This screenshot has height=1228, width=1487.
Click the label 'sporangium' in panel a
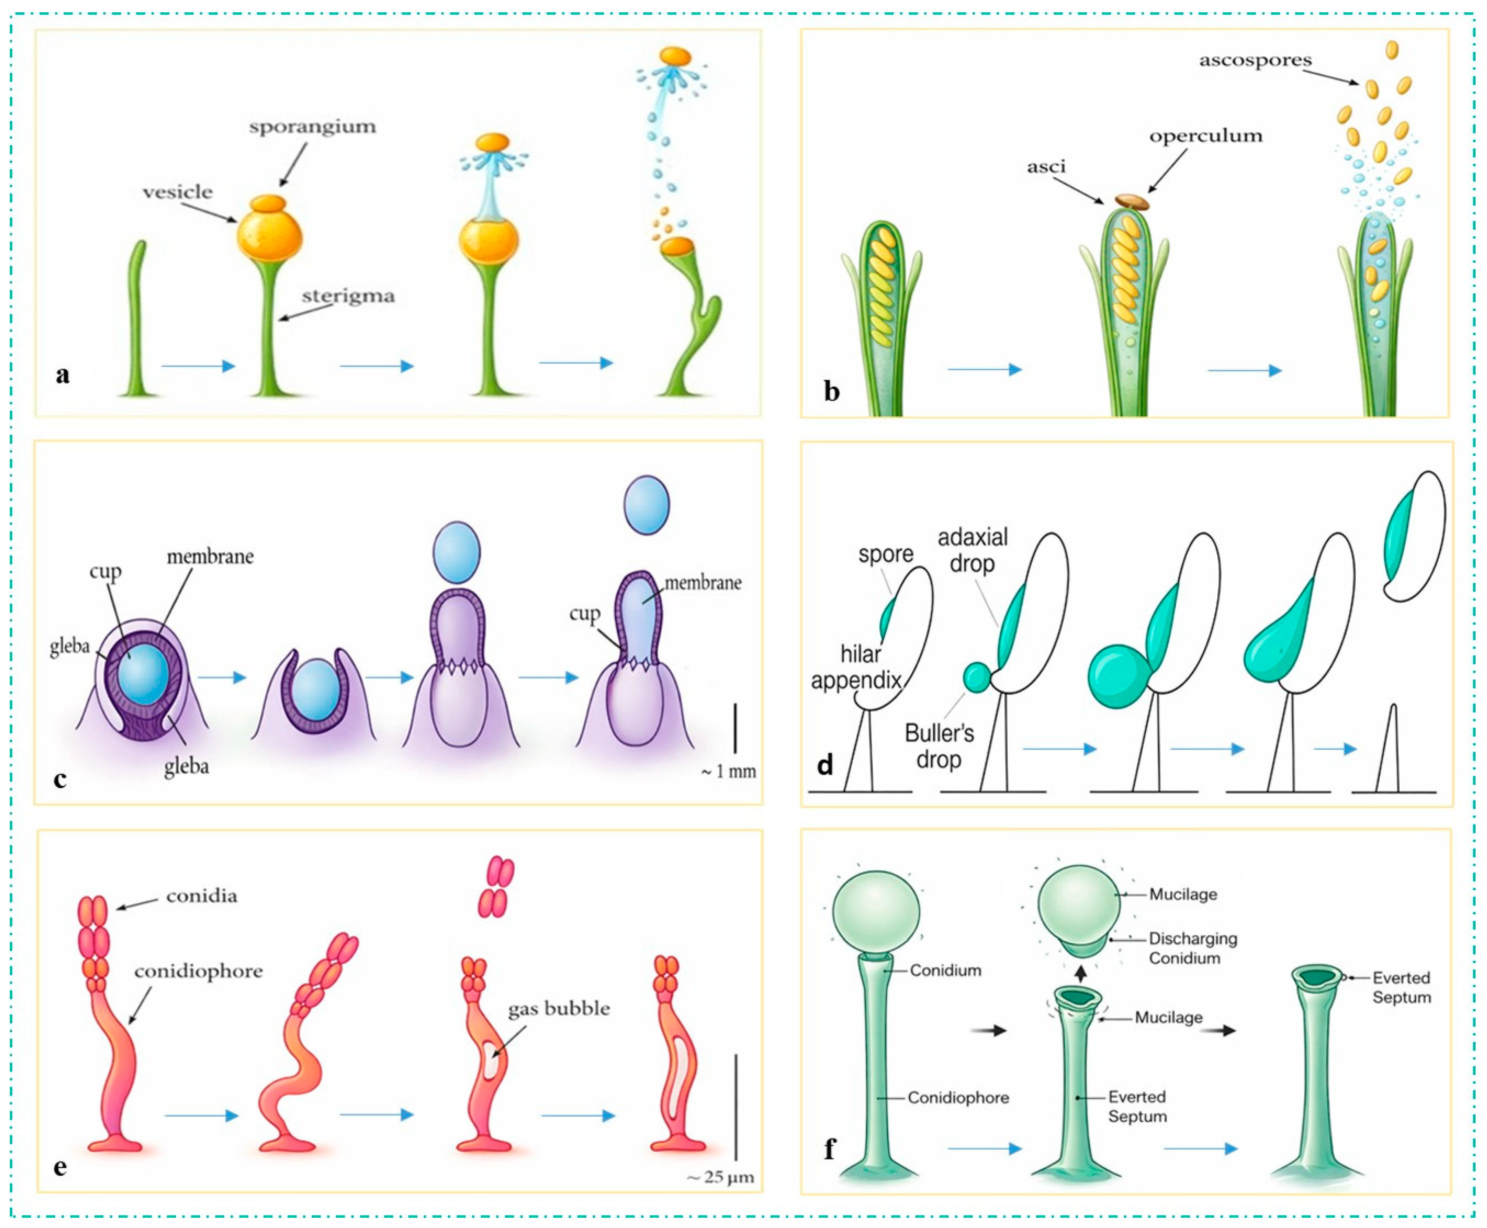tap(312, 127)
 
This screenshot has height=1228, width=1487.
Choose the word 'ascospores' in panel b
tap(1255, 60)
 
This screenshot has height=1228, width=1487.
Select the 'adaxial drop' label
tap(973, 550)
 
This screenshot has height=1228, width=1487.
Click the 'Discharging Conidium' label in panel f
tap(1193, 948)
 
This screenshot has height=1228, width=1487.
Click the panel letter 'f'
tap(829, 1149)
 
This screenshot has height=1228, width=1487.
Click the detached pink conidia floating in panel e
tap(496, 887)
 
